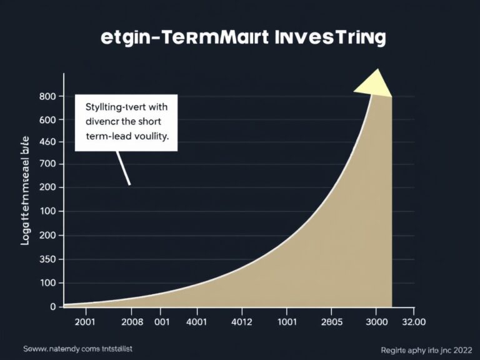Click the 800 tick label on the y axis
47,96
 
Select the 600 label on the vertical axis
47,119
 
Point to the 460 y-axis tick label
47,142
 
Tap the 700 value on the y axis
47,164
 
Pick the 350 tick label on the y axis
47,259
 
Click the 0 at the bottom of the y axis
53,306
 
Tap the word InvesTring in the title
329,37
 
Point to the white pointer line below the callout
123,168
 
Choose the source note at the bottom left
78,348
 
